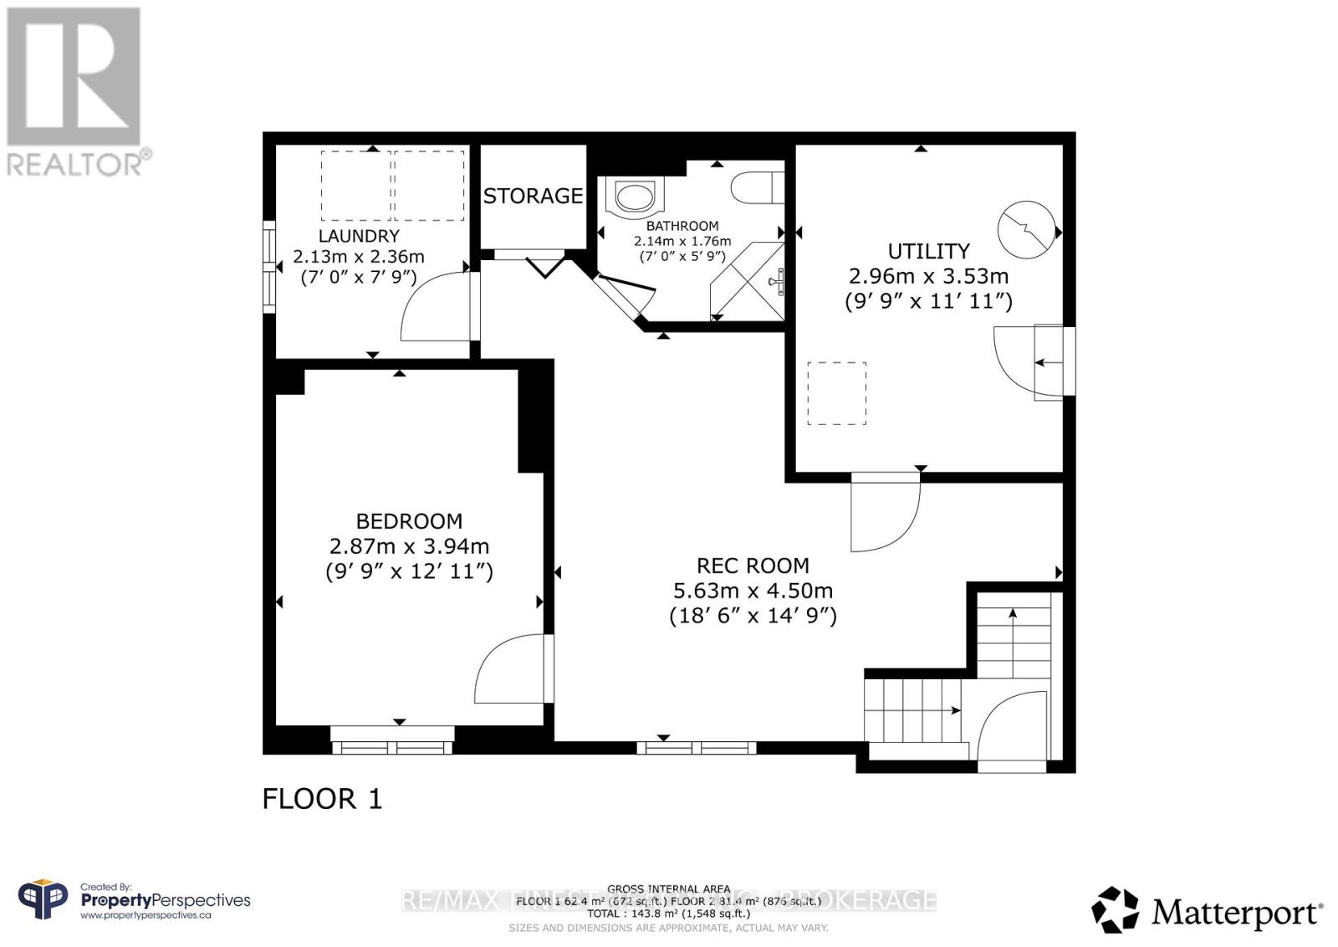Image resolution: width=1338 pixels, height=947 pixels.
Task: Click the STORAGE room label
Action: [x=533, y=196]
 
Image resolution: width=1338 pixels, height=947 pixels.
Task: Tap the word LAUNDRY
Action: [x=359, y=236]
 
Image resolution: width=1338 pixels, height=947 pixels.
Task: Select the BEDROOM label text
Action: [x=409, y=521]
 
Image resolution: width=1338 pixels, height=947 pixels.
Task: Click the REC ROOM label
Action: [x=753, y=566]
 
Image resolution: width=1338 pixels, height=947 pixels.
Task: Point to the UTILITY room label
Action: [x=928, y=251]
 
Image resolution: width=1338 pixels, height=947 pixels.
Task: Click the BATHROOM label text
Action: [x=682, y=226]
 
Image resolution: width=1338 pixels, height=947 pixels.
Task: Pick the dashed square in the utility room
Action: [x=836, y=393]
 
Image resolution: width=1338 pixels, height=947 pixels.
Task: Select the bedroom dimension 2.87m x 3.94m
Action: [x=409, y=546]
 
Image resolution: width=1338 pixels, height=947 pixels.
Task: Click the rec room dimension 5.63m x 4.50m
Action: [x=753, y=591]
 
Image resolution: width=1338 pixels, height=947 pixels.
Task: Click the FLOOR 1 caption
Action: [x=322, y=799]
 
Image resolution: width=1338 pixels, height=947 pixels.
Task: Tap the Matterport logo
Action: [x=1208, y=912]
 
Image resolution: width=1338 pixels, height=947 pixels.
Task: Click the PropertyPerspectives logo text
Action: [x=165, y=900]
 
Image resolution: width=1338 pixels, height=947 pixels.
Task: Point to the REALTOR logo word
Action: [x=75, y=163]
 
